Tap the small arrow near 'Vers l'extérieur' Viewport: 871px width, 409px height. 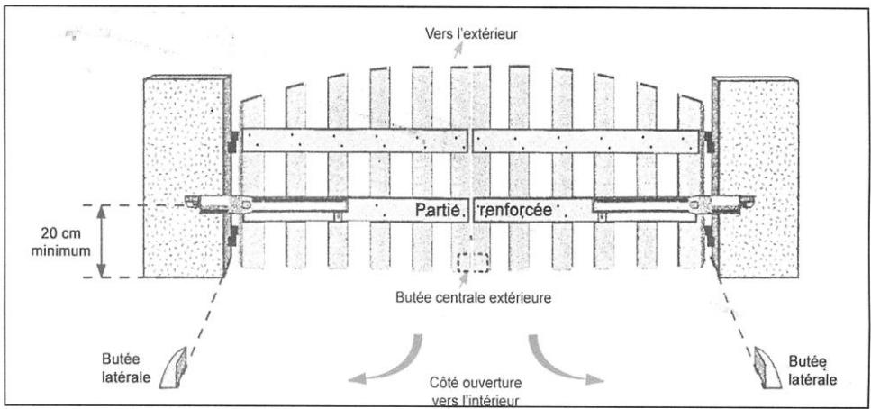460,52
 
